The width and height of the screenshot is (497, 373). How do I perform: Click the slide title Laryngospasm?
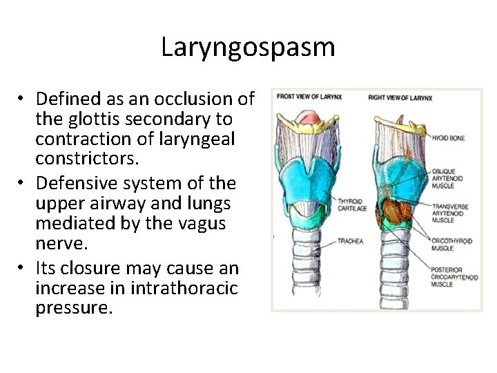(x=248, y=47)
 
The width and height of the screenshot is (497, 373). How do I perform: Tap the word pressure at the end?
(x=73, y=307)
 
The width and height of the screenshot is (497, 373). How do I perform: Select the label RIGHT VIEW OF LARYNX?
(x=400, y=97)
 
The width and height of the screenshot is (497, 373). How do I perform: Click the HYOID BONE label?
(x=449, y=138)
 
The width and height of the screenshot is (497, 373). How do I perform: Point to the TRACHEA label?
(x=351, y=241)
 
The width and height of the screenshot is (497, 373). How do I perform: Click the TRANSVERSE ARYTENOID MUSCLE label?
(x=450, y=213)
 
